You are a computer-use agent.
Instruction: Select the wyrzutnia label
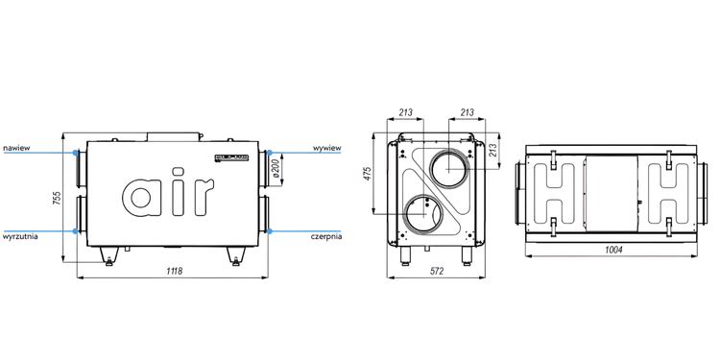[x=20, y=235]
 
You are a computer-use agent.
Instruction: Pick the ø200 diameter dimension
[x=276, y=169]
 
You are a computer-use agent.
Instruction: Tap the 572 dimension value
[x=437, y=273]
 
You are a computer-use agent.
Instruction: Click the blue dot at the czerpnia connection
[x=270, y=231]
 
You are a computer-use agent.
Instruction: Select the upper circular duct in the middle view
[x=451, y=168]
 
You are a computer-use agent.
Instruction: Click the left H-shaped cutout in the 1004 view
[x=552, y=190]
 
